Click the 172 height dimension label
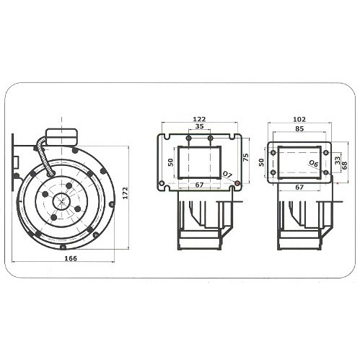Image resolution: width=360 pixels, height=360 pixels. pyautogui.click(x=126, y=193)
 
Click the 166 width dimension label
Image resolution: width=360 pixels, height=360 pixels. pyautogui.click(x=71, y=258)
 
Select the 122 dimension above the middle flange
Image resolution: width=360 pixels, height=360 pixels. pyautogui.click(x=200, y=119)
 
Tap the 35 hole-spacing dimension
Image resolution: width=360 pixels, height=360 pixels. pyautogui.click(x=199, y=126)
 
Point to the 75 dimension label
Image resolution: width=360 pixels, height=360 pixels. pyautogui.click(x=246, y=157)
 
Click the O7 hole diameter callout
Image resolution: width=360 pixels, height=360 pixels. pyautogui.click(x=227, y=175)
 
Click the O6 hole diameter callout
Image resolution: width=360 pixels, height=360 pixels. pyautogui.click(x=314, y=164)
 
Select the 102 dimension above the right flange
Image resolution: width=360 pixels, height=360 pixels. pyautogui.click(x=299, y=119)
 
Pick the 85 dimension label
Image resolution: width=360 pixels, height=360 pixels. pyautogui.click(x=299, y=129)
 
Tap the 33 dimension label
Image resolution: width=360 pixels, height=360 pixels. pyautogui.click(x=338, y=160)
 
